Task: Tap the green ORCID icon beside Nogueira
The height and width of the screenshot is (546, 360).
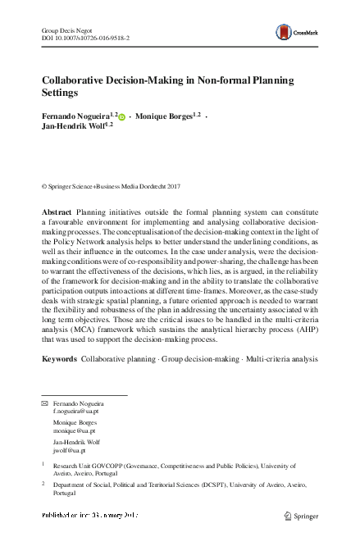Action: pos(123,118)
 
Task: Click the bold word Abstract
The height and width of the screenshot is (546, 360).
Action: pos(57,212)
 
